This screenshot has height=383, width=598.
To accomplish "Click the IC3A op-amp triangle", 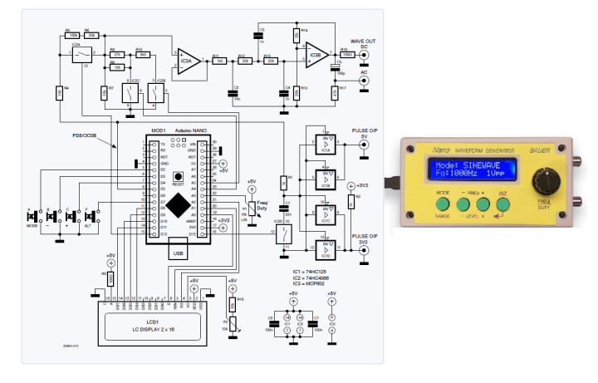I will (x=186, y=61).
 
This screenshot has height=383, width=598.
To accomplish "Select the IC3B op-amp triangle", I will (x=316, y=56).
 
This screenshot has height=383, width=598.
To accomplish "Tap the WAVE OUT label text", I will (x=363, y=41).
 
